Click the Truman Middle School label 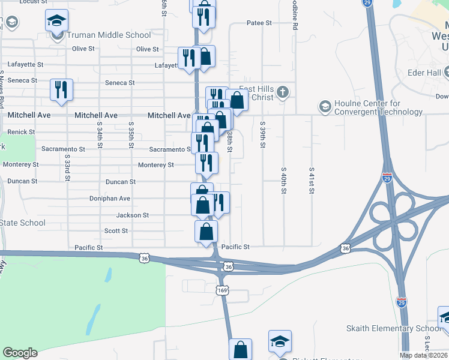click(x=109, y=35)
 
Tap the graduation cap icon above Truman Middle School click(x=57, y=22)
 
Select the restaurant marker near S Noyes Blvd click(x=61, y=90)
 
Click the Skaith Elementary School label click(x=394, y=328)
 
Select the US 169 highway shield click(x=222, y=290)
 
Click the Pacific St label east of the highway click(x=235, y=247)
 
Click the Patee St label click(x=259, y=23)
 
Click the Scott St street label click(x=116, y=230)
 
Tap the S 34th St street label click(x=100, y=134)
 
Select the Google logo click(x=20, y=353)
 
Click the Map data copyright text click(x=424, y=355)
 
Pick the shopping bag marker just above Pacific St click(x=206, y=231)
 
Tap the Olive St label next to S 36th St click(x=148, y=49)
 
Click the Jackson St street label click(x=133, y=215)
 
